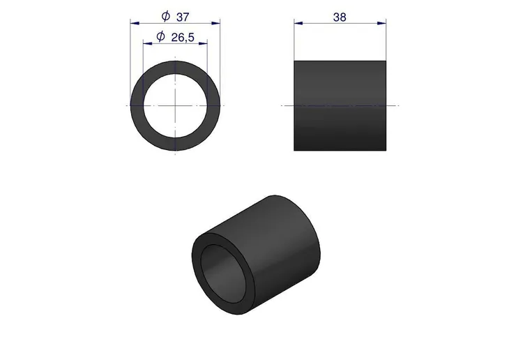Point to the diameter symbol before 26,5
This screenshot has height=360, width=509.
(160, 37)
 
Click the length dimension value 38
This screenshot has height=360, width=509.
(340, 17)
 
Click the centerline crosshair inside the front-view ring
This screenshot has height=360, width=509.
(175, 105)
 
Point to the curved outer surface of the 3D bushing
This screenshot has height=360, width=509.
(279, 237)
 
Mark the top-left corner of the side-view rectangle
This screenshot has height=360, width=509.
(294, 60)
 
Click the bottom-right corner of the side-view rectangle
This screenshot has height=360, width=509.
(386, 150)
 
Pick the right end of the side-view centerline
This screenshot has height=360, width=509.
(397, 105)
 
